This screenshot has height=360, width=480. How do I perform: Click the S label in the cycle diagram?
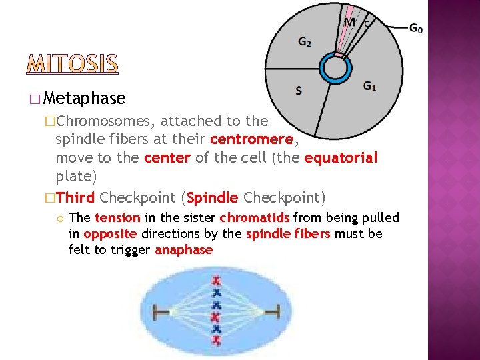(298, 91)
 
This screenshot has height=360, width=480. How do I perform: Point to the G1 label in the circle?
(371, 86)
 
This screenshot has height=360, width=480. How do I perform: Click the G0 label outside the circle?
(415, 28)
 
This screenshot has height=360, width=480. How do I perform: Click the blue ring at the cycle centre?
(335, 68)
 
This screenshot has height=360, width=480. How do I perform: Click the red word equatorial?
(340, 159)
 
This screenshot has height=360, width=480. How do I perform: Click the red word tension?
(117, 218)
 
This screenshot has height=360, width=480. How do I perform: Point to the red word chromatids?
(255, 218)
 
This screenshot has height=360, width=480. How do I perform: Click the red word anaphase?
(183, 250)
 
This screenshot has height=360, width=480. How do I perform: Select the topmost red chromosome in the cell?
(215, 280)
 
